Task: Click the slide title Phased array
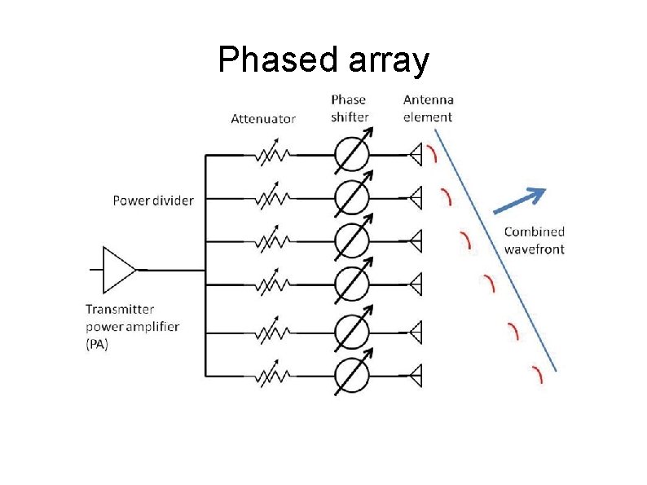[x=323, y=60]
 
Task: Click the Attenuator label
[x=263, y=118]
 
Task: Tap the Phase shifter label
[x=350, y=108]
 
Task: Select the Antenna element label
[x=428, y=108]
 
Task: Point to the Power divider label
[x=153, y=200]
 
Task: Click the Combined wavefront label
[x=534, y=240]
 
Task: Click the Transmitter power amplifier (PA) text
[x=132, y=327]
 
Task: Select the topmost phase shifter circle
[x=352, y=153]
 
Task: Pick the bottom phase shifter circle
[x=352, y=375]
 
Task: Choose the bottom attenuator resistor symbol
[x=273, y=376]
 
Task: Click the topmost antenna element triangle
[x=416, y=153]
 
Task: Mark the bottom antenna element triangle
[x=416, y=376]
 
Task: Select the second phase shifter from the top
[x=352, y=197]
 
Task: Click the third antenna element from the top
[x=416, y=241]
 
